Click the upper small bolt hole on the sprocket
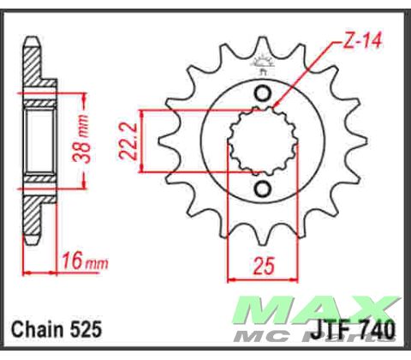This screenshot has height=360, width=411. coord(263,93)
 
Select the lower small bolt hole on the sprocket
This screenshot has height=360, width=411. coord(263,188)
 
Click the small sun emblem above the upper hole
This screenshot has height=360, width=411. coord(262,63)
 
